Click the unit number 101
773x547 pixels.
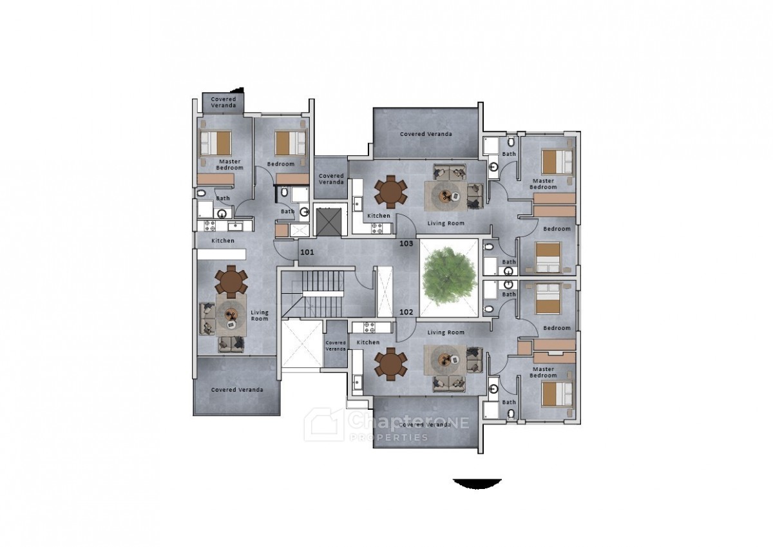[x=307, y=253]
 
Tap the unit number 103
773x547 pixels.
[x=406, y=244]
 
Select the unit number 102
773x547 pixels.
[x=406, y=312]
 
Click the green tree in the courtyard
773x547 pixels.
[x=449, y=276]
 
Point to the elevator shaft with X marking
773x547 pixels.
[x=329, y=222]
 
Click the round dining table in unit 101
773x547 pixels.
[x=231, y=282]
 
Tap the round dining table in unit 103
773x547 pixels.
[x=390, y=192]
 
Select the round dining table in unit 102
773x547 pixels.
[x=390, y=364]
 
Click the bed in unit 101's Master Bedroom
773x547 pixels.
[x=216, y=143]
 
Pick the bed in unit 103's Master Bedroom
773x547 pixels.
[x=557, y=162]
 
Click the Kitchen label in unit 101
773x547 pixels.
[x=223, y=240]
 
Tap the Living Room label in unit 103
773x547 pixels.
[x=446, y=224]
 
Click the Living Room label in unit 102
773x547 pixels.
[x=446, y=332]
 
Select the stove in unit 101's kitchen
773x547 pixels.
[x=210, y=226]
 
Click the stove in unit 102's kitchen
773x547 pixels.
[x=370, y=327]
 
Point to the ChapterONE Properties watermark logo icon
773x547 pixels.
[x=323, y=425]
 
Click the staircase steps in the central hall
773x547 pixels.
[x=323, y=294]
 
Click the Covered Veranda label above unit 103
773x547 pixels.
[x=426, y=134]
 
